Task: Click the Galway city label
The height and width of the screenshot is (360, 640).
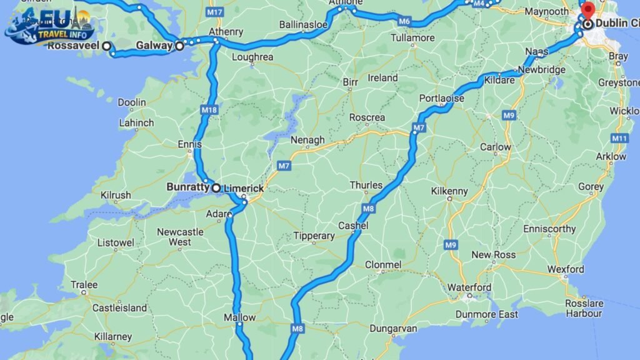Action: click(x=153, y=45)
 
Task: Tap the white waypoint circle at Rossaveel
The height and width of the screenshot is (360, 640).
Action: click(x=107, y=46)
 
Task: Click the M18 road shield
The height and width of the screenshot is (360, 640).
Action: click(x=209, y=110)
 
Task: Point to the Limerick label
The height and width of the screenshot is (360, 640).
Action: click(x=244, y=188)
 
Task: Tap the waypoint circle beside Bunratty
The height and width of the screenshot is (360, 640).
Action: click(x=216, y=187)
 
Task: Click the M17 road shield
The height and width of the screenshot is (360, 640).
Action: click(x=216, y=12)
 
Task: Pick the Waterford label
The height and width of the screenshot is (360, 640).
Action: click(x=469, y=287)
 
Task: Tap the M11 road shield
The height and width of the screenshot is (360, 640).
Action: click(x=620, y=138)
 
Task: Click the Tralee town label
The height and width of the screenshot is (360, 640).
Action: click(x=84, y=285)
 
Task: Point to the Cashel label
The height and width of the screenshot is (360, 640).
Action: click(x=353, y=226)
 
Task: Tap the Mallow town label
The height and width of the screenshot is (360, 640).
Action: click(x=240, y=317)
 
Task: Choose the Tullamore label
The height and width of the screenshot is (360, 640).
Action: click(x=412, y=38)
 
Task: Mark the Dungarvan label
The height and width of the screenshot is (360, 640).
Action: click(x=393, y=328)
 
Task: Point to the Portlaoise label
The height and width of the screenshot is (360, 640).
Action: click(x=442, y=99)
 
